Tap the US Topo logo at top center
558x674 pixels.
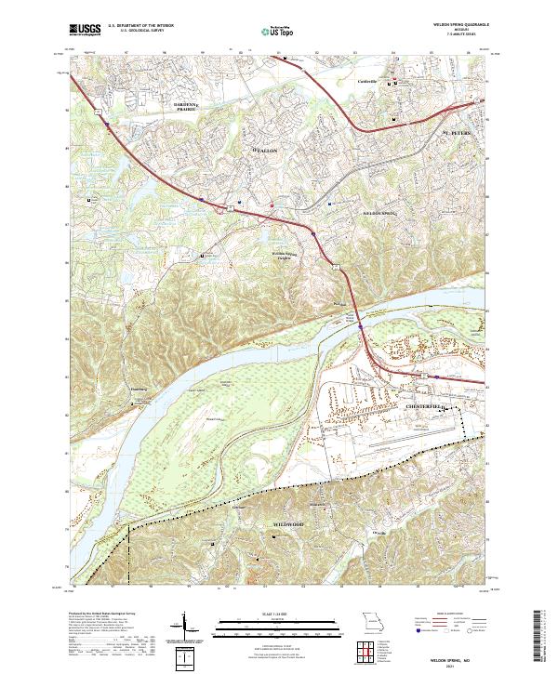pos(272,30)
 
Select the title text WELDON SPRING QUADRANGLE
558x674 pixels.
pos(461,25)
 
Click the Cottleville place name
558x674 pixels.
pos(370,82)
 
